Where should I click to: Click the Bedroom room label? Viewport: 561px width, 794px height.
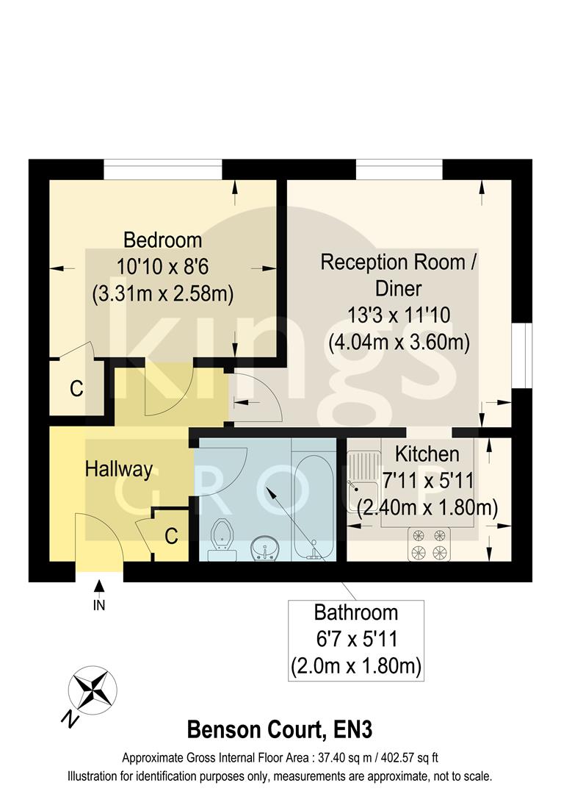162,240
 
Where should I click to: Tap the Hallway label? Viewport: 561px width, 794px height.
118,469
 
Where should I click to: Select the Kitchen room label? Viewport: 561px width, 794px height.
427,454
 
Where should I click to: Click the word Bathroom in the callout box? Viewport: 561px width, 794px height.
356,612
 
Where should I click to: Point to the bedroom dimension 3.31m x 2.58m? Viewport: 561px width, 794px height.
162,294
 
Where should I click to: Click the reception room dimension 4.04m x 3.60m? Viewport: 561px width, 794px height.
398,343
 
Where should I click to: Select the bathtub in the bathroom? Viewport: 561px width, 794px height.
314,500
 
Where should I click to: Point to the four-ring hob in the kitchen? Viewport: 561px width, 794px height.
429,543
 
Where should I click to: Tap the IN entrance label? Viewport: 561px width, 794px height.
99,606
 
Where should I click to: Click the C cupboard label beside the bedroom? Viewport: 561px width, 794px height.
76,388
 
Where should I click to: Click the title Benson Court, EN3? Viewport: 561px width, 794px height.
280,730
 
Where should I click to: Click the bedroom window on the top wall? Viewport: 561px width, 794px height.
162,170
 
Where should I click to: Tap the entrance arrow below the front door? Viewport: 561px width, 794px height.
99,587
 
